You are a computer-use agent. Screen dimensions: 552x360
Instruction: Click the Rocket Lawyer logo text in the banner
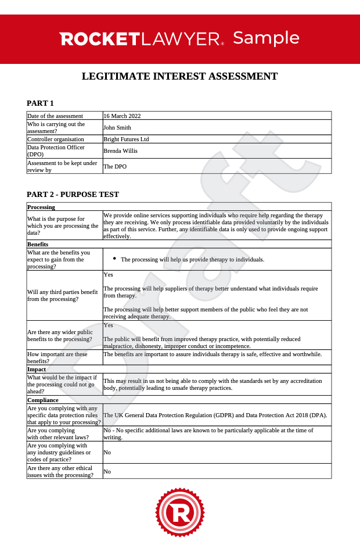142,39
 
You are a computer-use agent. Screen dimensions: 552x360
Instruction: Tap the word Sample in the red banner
266,38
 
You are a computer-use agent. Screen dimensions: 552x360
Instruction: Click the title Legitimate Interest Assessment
179,76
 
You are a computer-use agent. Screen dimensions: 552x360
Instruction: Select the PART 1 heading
40,103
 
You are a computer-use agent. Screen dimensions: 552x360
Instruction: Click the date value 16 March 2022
122,116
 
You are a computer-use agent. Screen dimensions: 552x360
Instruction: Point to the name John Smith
117,127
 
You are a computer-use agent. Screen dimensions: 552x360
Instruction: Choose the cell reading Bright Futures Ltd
126,139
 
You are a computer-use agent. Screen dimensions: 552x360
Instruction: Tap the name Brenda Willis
120,150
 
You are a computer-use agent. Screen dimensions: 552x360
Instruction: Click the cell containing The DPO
115,166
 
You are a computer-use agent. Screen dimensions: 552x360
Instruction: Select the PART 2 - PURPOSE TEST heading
73,194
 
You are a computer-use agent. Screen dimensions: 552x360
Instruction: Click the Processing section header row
41,207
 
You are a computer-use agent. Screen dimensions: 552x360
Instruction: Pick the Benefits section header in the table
38,244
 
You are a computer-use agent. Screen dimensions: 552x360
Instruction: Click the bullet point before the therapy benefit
114,259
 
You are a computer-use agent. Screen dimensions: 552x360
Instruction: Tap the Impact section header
37,369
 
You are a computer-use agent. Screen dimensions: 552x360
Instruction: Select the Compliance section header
43,400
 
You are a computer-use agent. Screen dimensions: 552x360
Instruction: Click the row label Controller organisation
56,139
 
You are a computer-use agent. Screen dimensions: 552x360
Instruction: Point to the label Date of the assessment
55,116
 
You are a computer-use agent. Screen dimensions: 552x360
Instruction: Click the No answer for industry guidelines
107,452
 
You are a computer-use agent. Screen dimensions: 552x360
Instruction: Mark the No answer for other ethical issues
107,471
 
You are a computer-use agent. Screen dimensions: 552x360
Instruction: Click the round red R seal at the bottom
179,512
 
